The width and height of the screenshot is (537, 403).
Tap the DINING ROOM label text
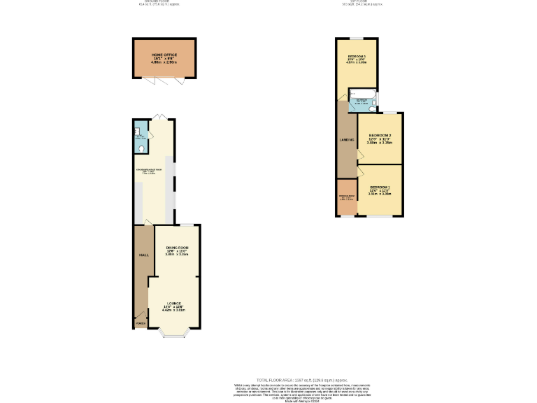tap(178, 248)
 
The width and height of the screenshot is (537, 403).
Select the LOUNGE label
tap(173, 303)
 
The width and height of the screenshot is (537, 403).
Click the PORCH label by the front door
tap(140, 323)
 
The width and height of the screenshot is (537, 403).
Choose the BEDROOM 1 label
tap(380, 188)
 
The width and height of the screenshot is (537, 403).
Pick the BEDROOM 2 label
tap(380, 135)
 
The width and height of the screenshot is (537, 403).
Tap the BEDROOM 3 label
tap(357, 55)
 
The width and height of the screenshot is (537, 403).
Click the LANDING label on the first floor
tap(347, 141)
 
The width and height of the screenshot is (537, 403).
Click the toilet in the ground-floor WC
tap(142, 148)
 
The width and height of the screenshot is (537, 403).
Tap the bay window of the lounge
tap(173, 335)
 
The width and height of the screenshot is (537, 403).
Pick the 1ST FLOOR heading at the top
tap(363, 2)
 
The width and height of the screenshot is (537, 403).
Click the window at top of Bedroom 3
tap(357, 37)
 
